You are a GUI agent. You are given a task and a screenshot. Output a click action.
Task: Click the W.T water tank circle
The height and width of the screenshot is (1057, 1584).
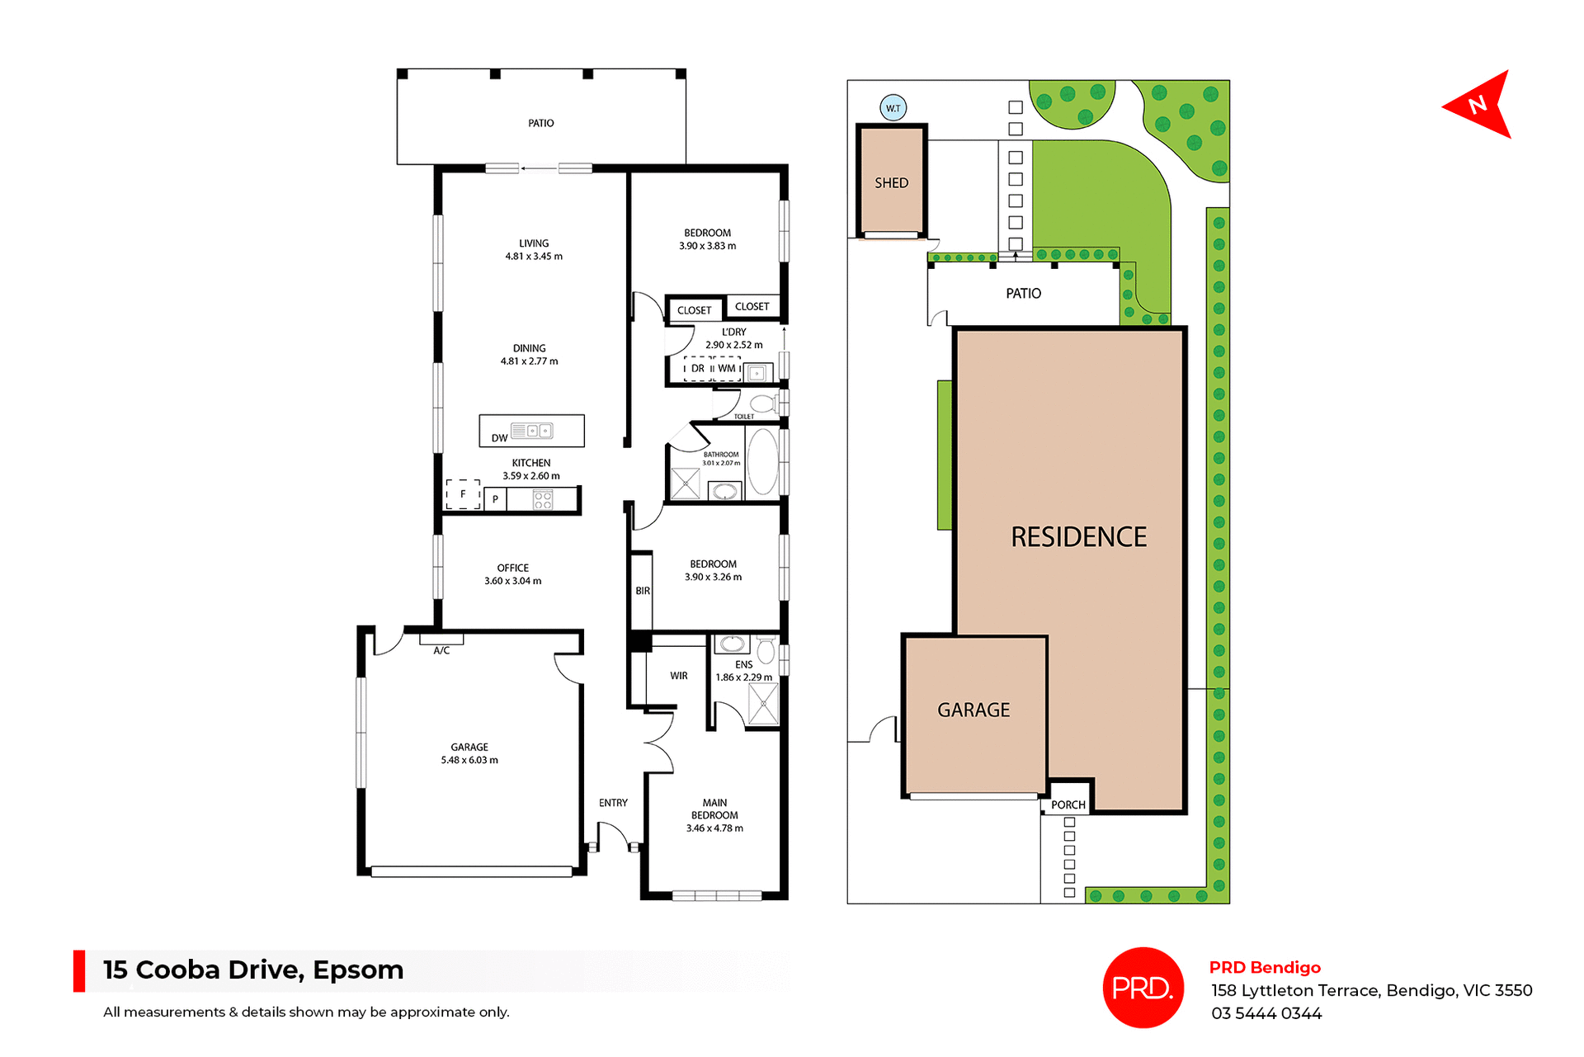coord(893,108)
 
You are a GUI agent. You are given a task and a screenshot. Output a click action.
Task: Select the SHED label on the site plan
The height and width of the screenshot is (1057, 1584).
coord(891,183)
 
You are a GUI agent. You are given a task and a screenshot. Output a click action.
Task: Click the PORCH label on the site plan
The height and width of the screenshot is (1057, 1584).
coord(1068,805)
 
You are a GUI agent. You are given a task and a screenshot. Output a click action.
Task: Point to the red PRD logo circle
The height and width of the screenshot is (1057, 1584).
coord(1143,987)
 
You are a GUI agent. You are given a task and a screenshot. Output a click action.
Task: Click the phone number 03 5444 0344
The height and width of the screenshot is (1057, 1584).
coord(1266,1013)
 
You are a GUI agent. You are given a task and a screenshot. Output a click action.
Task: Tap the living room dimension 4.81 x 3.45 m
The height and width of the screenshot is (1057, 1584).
coord(534,257)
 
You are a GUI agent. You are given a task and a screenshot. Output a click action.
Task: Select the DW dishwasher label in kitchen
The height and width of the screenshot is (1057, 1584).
coord(499,438)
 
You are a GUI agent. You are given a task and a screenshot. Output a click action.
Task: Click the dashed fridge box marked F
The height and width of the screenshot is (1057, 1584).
coord(463,494)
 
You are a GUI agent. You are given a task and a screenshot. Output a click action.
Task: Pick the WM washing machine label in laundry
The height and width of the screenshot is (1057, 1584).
coord(726,369)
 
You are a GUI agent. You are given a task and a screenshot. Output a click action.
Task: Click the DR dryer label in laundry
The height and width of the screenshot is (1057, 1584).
coord(698,369)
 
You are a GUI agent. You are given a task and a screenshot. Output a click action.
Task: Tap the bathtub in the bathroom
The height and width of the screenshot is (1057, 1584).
coord(763,462)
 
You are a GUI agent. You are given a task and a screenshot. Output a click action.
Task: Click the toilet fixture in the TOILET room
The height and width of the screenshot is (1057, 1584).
coord(763,403)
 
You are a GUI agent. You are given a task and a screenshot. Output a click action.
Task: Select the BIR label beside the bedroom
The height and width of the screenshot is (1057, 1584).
coord(643,591)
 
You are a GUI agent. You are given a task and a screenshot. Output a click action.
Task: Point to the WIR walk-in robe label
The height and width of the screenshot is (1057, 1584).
coord(678,676)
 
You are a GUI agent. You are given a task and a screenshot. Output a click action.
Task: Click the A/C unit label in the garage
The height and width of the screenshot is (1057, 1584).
coord(441,650)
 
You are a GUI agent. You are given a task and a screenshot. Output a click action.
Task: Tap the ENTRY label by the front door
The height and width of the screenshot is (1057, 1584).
coord(613,803)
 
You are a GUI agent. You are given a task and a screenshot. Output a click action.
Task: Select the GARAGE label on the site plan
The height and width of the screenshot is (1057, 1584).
coord(973,710)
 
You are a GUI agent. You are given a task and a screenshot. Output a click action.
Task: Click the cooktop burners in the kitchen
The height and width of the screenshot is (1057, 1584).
coord(542,499)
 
